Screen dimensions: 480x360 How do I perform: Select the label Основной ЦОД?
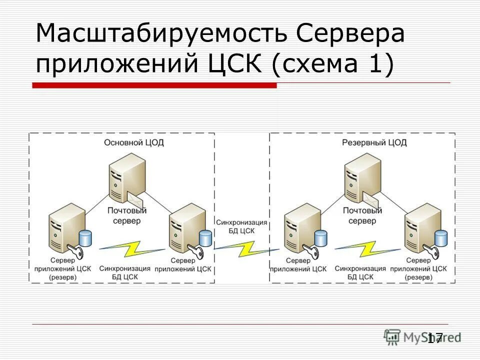tap(134, 142)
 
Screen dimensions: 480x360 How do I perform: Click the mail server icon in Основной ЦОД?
tap(126, 177)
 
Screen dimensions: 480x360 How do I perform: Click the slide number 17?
tap(435, 338)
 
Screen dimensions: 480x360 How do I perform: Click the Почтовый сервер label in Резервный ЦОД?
tap(362, 215)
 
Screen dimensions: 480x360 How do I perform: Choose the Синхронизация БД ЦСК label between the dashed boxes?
tap(241, 226)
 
